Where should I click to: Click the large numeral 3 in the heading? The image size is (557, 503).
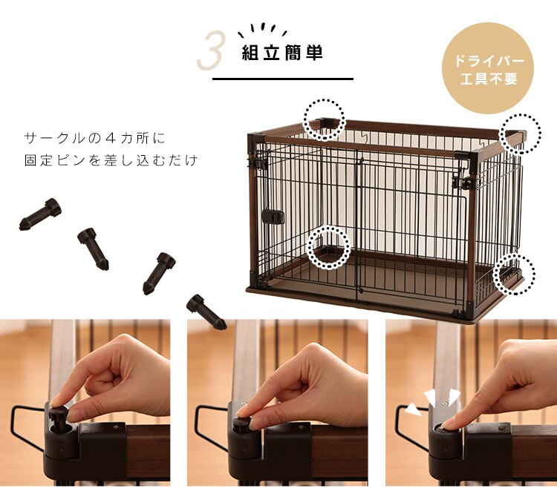210,52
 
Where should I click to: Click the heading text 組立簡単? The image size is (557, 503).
282,54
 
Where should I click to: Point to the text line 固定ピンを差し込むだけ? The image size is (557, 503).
111,160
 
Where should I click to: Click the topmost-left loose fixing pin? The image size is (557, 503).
41,214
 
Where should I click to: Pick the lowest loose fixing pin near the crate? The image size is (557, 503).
206,311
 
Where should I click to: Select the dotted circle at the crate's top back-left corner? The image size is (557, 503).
325,119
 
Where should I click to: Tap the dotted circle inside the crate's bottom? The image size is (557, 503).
329,247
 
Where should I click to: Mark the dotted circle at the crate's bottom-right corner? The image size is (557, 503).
513,272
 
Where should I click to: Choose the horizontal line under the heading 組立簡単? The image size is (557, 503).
282,79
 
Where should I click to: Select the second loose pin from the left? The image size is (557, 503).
94,248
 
